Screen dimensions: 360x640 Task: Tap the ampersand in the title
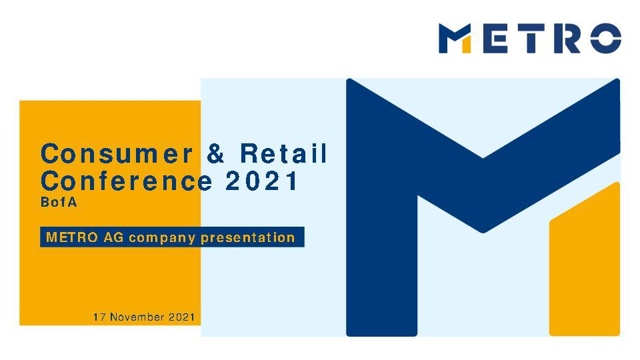tap(217, 154)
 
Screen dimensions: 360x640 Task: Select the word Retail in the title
tap(285, 154)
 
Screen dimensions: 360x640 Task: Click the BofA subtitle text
tap(59, 203)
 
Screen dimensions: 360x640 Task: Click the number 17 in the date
tap(99, 317)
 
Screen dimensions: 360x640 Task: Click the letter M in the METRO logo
tap(456, 38)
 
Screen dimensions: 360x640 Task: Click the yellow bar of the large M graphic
tap(584, 267)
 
